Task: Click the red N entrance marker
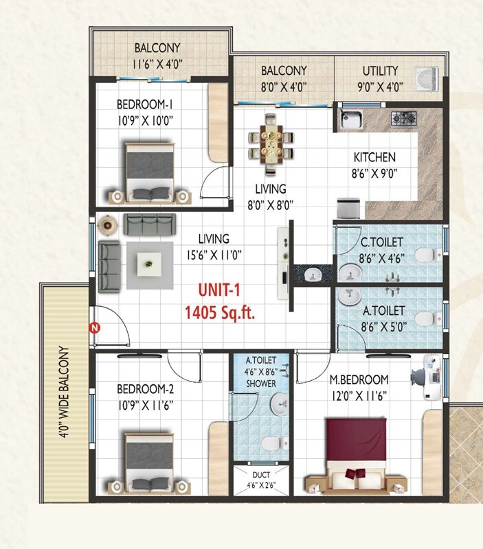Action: pos(96,327)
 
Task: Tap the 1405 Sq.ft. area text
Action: pos(220,314)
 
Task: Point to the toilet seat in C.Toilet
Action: pos(426,255)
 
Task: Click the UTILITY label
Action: pos(380,71)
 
